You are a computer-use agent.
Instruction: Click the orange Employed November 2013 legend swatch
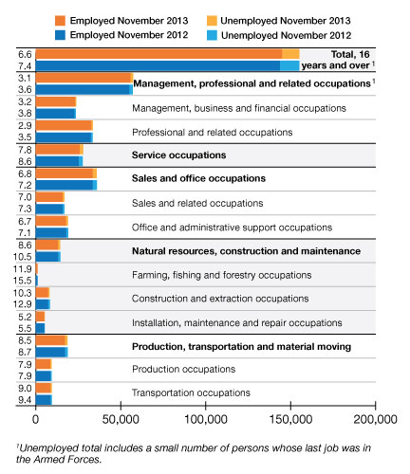tap(60, 21)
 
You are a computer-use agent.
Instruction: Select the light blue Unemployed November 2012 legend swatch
tap(212, 35)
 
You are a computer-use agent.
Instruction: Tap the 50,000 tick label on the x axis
tap(121, 419)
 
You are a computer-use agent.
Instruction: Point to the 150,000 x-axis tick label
tap(290, 419)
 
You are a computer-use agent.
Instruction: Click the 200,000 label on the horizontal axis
tap(376, 419)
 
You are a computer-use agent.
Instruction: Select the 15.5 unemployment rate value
tap(23, 281)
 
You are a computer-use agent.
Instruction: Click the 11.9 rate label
tap(23, 269)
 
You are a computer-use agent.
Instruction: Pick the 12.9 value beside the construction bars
tap(23, 304)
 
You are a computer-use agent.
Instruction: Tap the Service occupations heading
tap(179, 155)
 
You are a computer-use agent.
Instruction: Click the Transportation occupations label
tap(191, 392)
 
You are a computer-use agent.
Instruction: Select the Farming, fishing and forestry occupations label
tap(222, 275)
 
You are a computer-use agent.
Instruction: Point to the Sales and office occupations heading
tap(198, 178)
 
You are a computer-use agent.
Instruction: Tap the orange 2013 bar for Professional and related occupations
tap(65, 125)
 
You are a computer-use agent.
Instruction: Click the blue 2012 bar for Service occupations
tap(59, 161)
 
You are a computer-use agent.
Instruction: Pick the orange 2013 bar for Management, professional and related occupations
tap(84, 78)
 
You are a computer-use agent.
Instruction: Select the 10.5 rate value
tap(23, 257)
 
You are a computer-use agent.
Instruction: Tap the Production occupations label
tap(184, 369)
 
